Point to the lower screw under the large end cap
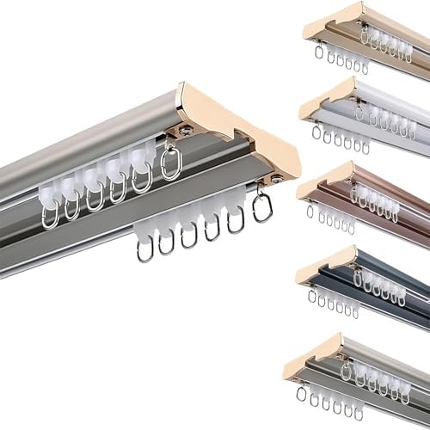click(x=276, y=180)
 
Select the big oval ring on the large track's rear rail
click(x=170, y=163)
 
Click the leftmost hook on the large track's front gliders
click(x=145, y=250)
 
